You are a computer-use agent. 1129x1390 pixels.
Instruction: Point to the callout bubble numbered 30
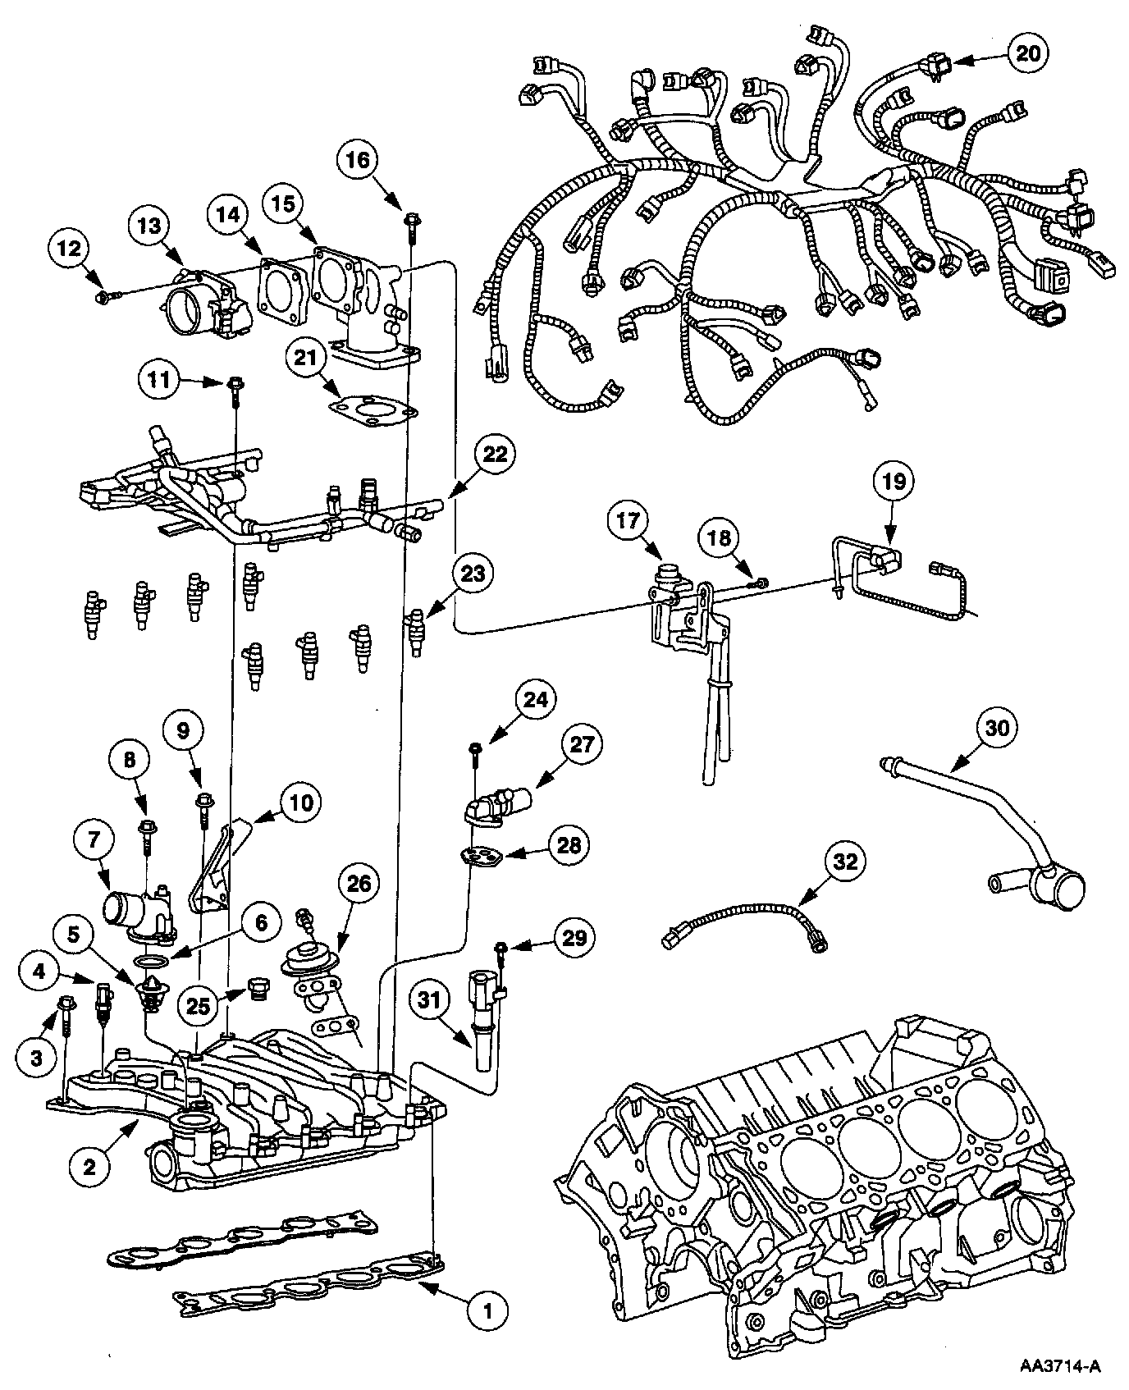point(999,727)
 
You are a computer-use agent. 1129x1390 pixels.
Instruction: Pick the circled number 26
point(361,884)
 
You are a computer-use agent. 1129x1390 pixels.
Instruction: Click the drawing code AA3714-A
point(1059,1366)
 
